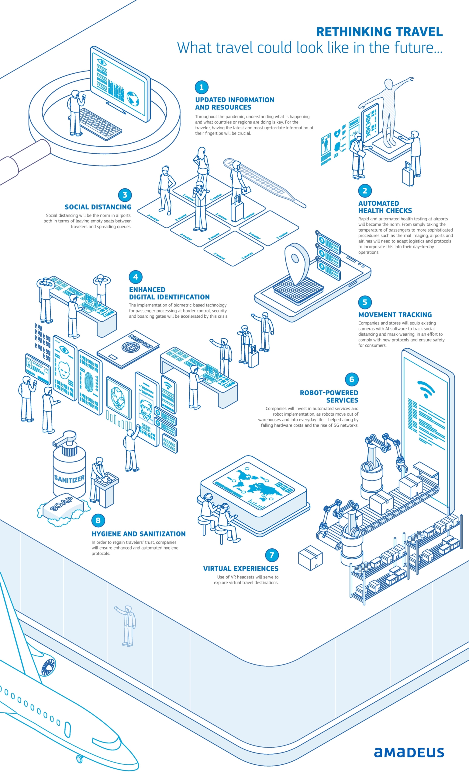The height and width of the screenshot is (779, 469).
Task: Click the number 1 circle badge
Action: pyautogui.click(x=202, y=87)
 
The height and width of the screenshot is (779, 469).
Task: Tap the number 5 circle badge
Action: pyautogui.click(x=365, y=302)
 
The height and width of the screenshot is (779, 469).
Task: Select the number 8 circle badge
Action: pyautogui.click(x=98, y=520)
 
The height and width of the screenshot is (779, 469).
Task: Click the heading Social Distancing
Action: pyautogui.click(x=98, y=207)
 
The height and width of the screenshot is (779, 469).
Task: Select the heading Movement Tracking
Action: pyautogui.click(x=395, y=315)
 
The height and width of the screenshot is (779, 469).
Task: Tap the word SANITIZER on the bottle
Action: pyautogui.click(x=69, y=479)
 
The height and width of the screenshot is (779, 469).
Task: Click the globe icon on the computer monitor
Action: pyautogui.click(x=133, y=98)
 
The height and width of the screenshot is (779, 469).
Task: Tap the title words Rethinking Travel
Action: pyautogui.click(x=379, y=32)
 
